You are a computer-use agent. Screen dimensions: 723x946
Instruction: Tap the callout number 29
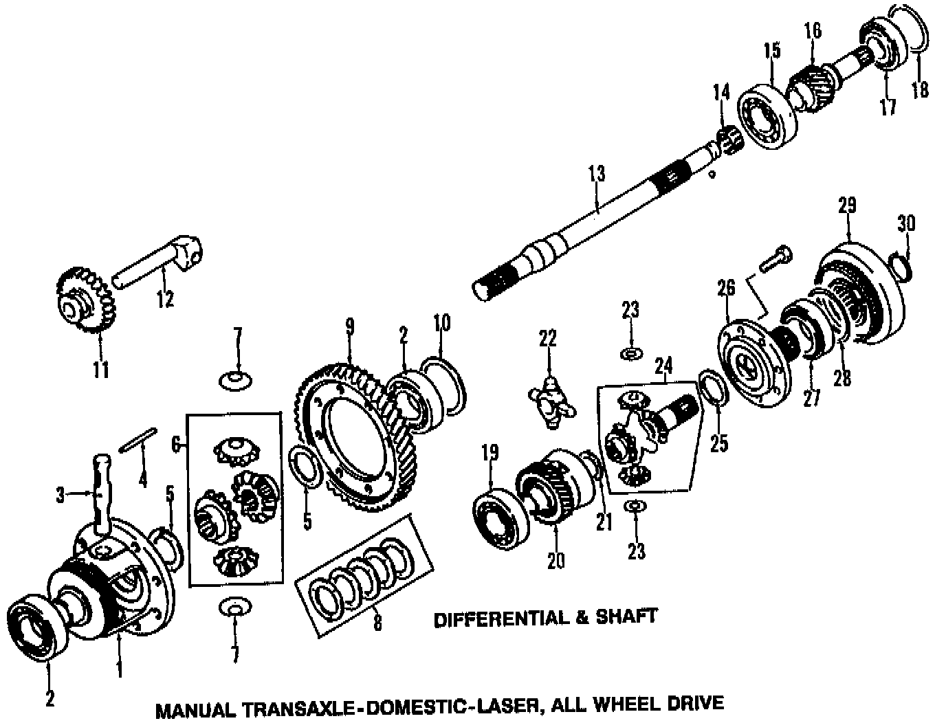[x=846, y=205]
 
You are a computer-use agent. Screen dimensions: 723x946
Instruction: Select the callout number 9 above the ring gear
[x=350, y=326]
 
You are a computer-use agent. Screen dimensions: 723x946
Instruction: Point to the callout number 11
[x=101, y=370]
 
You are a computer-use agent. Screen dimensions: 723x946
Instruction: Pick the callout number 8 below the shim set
[x=377, y=623]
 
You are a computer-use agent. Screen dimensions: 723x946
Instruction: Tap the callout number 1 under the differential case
[x=120, y=667]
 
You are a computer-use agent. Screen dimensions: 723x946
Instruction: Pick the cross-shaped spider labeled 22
[x=550, y=402]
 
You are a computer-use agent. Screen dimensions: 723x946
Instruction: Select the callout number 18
[x=920, y=89]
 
